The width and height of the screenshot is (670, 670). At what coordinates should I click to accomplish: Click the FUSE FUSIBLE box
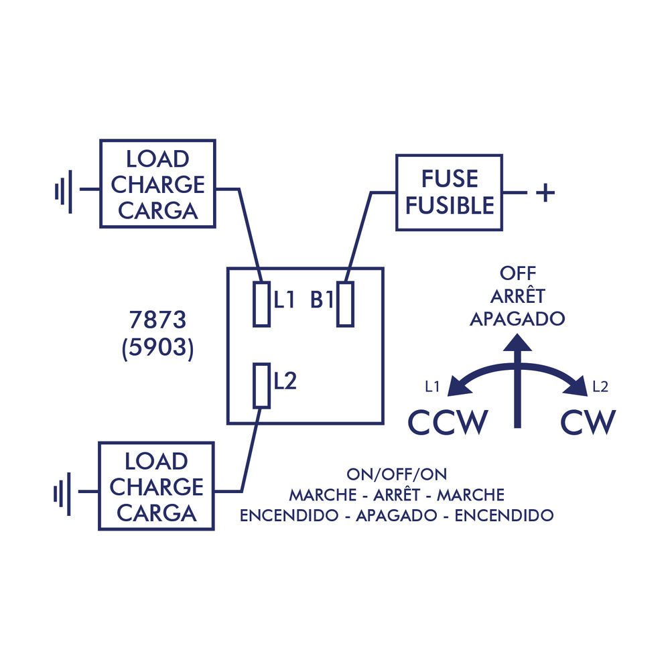pyautogui.click(x=449, y=192)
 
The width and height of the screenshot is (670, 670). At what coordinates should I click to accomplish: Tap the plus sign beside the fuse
pyautogui.click(x=545, y=193)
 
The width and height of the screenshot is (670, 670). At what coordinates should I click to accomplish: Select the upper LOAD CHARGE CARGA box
pyautogui.click(x=157, y=184)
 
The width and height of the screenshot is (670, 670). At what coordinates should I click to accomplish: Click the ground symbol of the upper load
pyautogui.click(x=63, y=190)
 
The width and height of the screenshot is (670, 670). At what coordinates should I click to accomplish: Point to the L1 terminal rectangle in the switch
pyautogui.click(x=261, y=304)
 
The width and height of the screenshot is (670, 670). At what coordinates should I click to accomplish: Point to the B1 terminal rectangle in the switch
pyautogui.click(x=345, y=304)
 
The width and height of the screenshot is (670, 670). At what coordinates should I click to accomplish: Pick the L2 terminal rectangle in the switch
pyautogui.click(x=261, y=385)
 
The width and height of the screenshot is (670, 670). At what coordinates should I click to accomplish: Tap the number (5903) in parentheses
pyautogui.click(x=158, y=350)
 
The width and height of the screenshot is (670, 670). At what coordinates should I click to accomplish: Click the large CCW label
pyautogui.click(x=448, y=422)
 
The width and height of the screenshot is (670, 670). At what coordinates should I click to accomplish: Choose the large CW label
pyautogui.click(x=588, y=422)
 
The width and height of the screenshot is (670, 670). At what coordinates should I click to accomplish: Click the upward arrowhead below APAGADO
pyautogui.click(x=517, y=343)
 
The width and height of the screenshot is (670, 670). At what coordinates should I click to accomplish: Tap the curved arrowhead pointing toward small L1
pyautogui.click(x=458, y=386)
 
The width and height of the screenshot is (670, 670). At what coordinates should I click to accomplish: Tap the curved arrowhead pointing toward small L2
pyautogui.click(x=576, y=386)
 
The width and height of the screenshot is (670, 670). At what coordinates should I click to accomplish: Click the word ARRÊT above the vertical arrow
pyautogui.click(x=517, y=296)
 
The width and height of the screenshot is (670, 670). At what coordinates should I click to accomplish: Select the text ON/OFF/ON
pyautogui.click(x=397, y=474)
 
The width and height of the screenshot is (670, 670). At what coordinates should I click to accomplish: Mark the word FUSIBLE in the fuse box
pyautogui.click(x=450, y=205)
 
